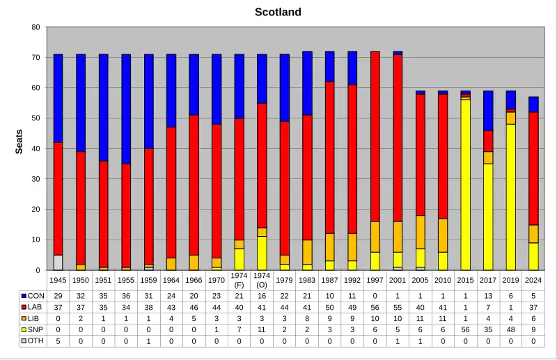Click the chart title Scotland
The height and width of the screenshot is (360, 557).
pyautogui.click(x=278, y=12)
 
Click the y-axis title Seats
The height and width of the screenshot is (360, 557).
pyautogui.click(x=19, y=142)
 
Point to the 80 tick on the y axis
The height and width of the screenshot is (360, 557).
pyautogui.click(x=36, y=27)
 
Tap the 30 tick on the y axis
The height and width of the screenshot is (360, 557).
pyautogui.click(x=36, y=179)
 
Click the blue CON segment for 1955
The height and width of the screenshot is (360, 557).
pyautogui.click(x=126, y=109)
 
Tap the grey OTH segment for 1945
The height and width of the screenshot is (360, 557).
pyautogui.click(x=58, y=263)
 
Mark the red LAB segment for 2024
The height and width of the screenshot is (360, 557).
pyautogui.click(x=533, y=168)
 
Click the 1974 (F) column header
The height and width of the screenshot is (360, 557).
pyautogui.click(x=239, y=281)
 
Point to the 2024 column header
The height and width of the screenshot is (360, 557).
pyautogui.click(x=533, y=280)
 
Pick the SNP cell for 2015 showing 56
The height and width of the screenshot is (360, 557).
pyautogui.click(x=466, y=329)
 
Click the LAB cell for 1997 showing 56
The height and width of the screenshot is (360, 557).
pyautogui.click(x=375, y=307)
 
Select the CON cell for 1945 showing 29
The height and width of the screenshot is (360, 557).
pyautogui.click(x=58, y=296)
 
